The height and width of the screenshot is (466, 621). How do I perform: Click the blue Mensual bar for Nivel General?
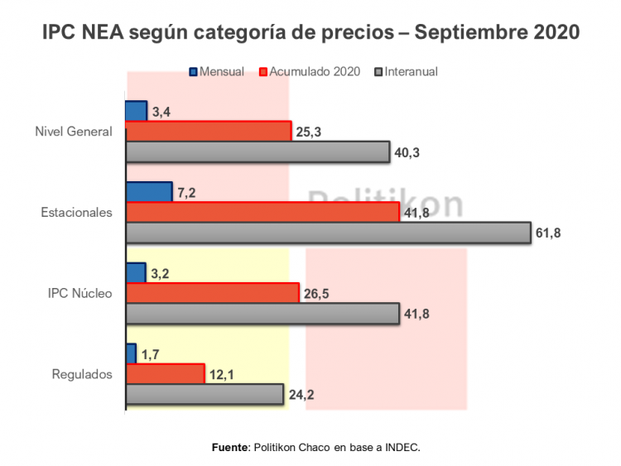pyautogui.click(x=136, y=111)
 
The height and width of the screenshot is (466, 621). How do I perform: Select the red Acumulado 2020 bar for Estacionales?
pyautogui.click(x=262, y=213)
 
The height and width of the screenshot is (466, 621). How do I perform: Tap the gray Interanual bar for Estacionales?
pyautogui.click(x=328, y=233)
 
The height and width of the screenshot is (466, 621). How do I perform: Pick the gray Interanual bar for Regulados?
pyautogui.click(x=205, y=394)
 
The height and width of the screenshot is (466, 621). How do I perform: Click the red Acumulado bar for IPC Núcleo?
pyautogui.click(x=212, y=293)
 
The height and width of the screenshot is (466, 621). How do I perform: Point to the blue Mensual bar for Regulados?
pyautogui.click(x=131, y=353)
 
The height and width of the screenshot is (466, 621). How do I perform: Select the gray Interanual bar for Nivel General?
pyautogui.click(x=258, y=151)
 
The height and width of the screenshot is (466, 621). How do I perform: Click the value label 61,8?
pyautogui.click(x=548, y=233)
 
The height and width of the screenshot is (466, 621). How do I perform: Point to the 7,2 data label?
pyautogui.click(x=186, y=193)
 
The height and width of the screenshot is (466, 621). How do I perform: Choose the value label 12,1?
pyautogui.click(x=221, y=375)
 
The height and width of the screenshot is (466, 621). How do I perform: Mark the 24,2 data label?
pyautogui.click(x=301, y=395)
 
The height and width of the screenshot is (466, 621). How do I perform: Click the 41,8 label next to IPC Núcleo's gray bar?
pyautogui.click(x=416, y=314)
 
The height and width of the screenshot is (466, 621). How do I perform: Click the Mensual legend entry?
pyautogui.click(x=216, y=71)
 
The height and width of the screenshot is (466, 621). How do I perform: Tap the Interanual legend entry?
pyautogui.click(x=406, y=71)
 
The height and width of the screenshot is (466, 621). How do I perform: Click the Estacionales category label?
pyautogui.click(x=76, y=213)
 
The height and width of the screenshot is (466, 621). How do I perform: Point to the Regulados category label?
pyautogui.click(x=81, y=374)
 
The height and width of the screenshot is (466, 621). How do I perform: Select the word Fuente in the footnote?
pyautogui.click(x=230, y=447)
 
